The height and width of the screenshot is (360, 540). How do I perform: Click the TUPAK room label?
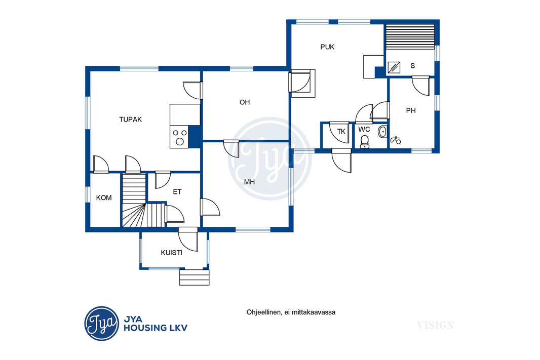pos(131,119)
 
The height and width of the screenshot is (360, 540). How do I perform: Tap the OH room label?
pos(245,102)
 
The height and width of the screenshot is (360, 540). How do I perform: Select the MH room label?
pos(249,182)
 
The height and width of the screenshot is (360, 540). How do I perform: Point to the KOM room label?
pos(104,197)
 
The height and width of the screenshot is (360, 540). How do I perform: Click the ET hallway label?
pos(177,192)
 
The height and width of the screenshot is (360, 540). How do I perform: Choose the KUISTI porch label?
pos(172,253)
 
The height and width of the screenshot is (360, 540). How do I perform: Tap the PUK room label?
pos(327,47)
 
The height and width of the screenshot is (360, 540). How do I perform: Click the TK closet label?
pos(341,132)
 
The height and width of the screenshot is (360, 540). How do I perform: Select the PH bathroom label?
pos(411,110)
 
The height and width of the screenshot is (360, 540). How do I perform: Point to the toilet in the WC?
pos(364,141)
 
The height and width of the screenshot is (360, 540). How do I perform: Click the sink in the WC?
pos(382,132)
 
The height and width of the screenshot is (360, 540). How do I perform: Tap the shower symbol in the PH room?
pos(396,140)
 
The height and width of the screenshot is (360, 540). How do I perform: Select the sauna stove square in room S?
pos(394,67)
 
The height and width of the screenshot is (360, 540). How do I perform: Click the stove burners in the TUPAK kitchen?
pos(179,137)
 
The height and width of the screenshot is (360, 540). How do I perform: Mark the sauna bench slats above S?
pos(410,37)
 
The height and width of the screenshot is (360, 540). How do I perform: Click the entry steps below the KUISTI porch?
pos(194,277)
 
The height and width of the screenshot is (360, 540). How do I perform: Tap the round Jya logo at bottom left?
pos(102,324)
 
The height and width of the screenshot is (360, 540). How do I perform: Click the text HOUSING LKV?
pos(156,328)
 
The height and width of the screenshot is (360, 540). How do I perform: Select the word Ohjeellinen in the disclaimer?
pos(263,312)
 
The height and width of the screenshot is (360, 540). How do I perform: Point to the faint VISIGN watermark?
pos(436,325)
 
